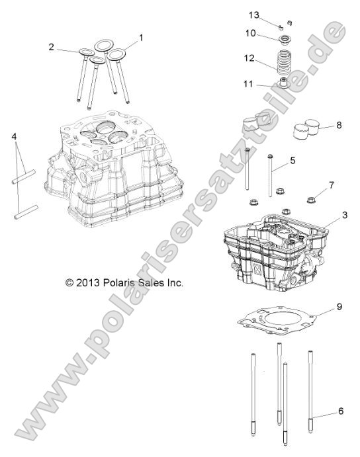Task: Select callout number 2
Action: pyautogui.click(x=51, y=46)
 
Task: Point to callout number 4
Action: pyautogui.click(x=13, y=137)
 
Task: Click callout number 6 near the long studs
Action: pyautogui.click(x=340, y=411)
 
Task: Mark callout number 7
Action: pyautogui.click(x=332, y=185)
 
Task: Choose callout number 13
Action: pyautogui.click(x=251, y=15)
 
